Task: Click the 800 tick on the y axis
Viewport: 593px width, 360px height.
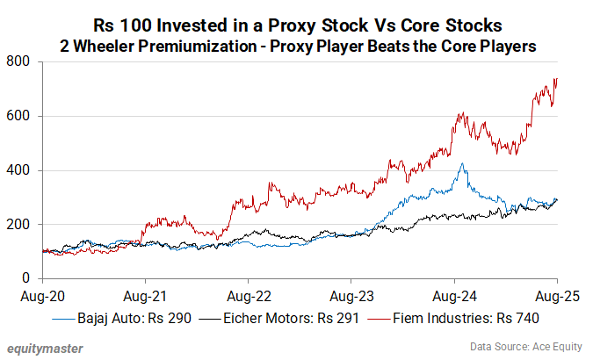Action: coord(18,61)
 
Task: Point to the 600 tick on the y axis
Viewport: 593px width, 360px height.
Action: coord(18,116)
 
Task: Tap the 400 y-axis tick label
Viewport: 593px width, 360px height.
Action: coord(18,170)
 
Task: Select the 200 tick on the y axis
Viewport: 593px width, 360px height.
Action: coord(18,225)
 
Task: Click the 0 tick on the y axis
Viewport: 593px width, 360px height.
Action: coord(25,279)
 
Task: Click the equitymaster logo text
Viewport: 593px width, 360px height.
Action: coord(43,348)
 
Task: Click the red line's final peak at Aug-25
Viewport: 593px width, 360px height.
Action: coord(556,78)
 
